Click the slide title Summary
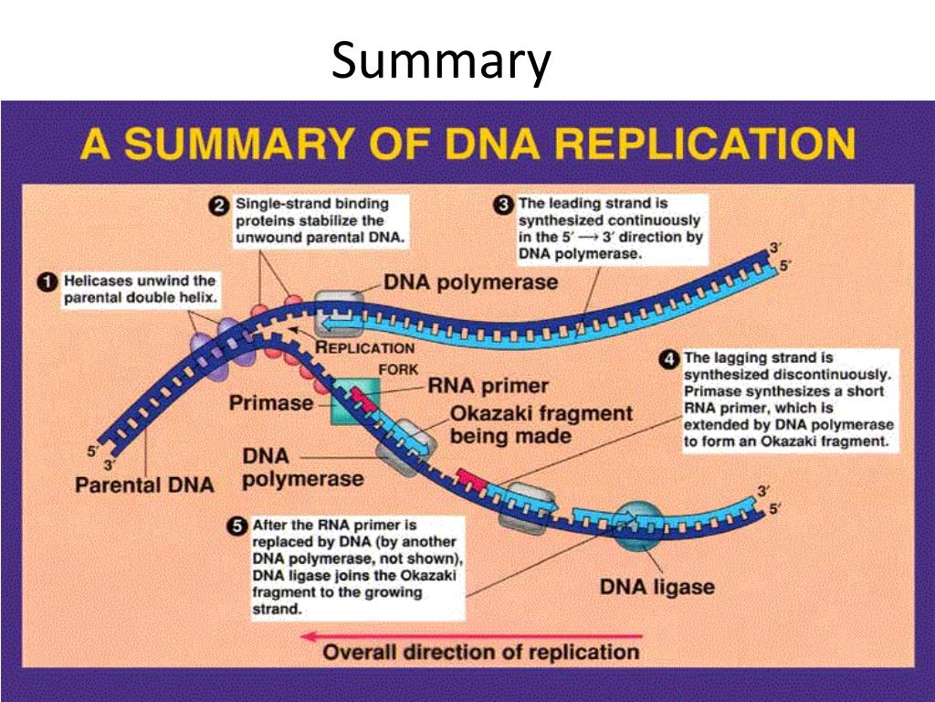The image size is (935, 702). tap(441, 62)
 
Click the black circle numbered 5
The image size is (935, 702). tap(237, 526)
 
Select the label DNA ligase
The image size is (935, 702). tap(657, 585)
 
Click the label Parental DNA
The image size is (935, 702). tap(144, 484)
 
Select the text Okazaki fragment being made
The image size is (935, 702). tap(541, 424)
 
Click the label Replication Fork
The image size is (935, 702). tap(365, 357)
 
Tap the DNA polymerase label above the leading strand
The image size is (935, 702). tap(470, 282)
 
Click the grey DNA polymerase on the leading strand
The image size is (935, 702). tap(338, 314)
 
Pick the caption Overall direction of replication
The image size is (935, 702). tap(482, 653)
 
